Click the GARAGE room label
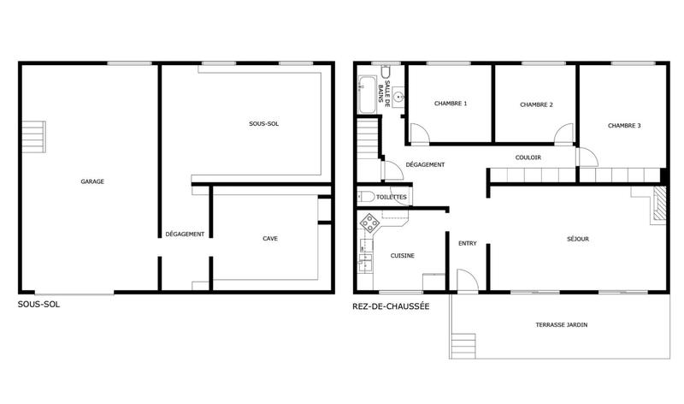pyautogui.click(x=92, y=181)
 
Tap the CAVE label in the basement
pyautogui.click(x=269, y=239)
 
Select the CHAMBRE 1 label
pyautogui.click(x=451, y=104)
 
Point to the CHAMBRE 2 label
pyautogui.click(x=536, y=104)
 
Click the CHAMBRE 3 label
pyautogui.click(x=624, y=125)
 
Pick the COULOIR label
pyautogui.click(x=528, y=157)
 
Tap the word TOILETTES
pyautogui.click(x=392, y=198)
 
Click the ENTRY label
pyautogui.click(x=467, y=242)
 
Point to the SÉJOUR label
pyautogui.click(x=578, y=239)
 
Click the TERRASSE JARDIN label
pyautogui.click(x=561, y=325)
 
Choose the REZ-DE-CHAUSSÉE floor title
pyautogui.click(x=391, y=306)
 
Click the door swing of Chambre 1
pyautogui.click(x=420, y=134)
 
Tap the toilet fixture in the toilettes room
pyautogui.click(x=365, y=197)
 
